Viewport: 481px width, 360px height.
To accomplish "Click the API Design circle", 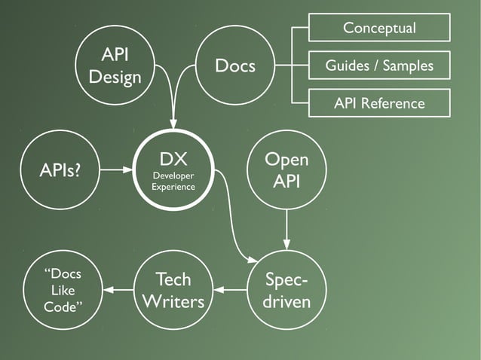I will (x=115, y=66).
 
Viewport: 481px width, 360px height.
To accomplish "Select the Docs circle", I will (x=235, y=66).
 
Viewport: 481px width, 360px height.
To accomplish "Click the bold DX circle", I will (x=173, y=169).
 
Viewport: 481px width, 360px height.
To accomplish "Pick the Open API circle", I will (x=286, y=169).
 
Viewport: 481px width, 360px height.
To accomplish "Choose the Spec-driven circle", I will (x=286, y=290).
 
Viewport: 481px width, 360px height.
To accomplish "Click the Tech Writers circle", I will (x=173, y=290).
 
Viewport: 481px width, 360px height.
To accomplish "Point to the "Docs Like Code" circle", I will (x=63, y=290).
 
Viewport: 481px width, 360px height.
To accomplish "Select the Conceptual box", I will (x=379, y=28).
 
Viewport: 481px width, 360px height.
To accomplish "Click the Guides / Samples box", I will (x=379, y=66).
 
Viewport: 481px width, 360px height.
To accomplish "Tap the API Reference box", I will (x=379, y=103).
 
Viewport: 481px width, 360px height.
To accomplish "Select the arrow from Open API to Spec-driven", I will (x=286, y=229).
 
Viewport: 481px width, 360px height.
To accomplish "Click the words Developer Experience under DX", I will (x=173, y=181).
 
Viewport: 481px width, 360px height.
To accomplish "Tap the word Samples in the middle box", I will (x=408, y=66).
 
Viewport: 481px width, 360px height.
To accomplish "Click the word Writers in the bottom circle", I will (x=173, y=301).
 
